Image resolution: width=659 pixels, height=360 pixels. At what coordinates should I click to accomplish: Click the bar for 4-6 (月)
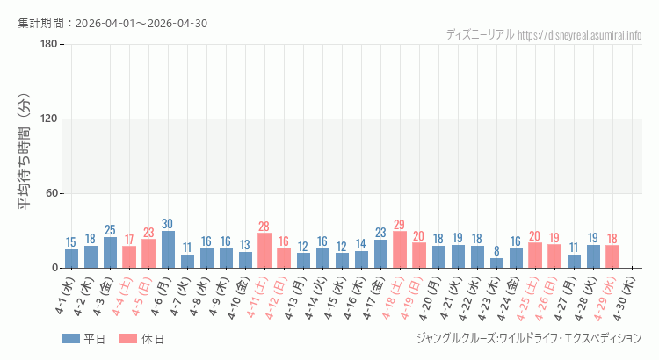[x=168, y=249]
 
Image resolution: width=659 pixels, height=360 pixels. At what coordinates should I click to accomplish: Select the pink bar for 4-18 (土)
[x=400, y=249]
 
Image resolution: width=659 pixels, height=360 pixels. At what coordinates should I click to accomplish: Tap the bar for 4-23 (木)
[x=496, y=263]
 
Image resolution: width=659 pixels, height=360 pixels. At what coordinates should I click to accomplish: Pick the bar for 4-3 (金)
[x=110, y=252]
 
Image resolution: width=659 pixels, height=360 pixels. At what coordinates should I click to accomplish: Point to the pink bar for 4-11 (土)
[x=264, y=250]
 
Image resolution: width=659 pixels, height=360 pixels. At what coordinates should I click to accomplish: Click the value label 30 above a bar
[x=168, y=224]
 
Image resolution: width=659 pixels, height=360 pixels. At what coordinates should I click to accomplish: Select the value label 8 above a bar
[x=496, y=251]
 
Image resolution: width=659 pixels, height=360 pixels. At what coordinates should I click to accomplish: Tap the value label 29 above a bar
[x=400, y=225]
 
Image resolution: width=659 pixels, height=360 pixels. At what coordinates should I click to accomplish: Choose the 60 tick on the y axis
[x=51, y=193]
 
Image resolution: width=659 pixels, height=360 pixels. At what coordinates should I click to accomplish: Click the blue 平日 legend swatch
[x=70, y=339]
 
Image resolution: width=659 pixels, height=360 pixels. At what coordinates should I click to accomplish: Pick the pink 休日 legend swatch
[x=127, y=339]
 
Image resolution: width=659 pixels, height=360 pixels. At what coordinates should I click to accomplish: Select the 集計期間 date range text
[x=112, y=23]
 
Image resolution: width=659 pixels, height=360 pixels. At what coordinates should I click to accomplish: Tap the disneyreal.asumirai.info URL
[x=580, y=35]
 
